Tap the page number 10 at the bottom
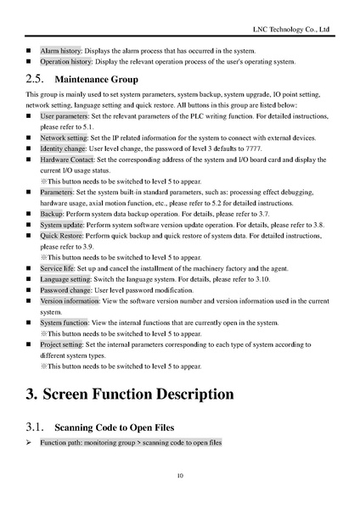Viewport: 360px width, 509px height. (180, 475)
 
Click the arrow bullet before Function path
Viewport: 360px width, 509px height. (29, 443)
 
